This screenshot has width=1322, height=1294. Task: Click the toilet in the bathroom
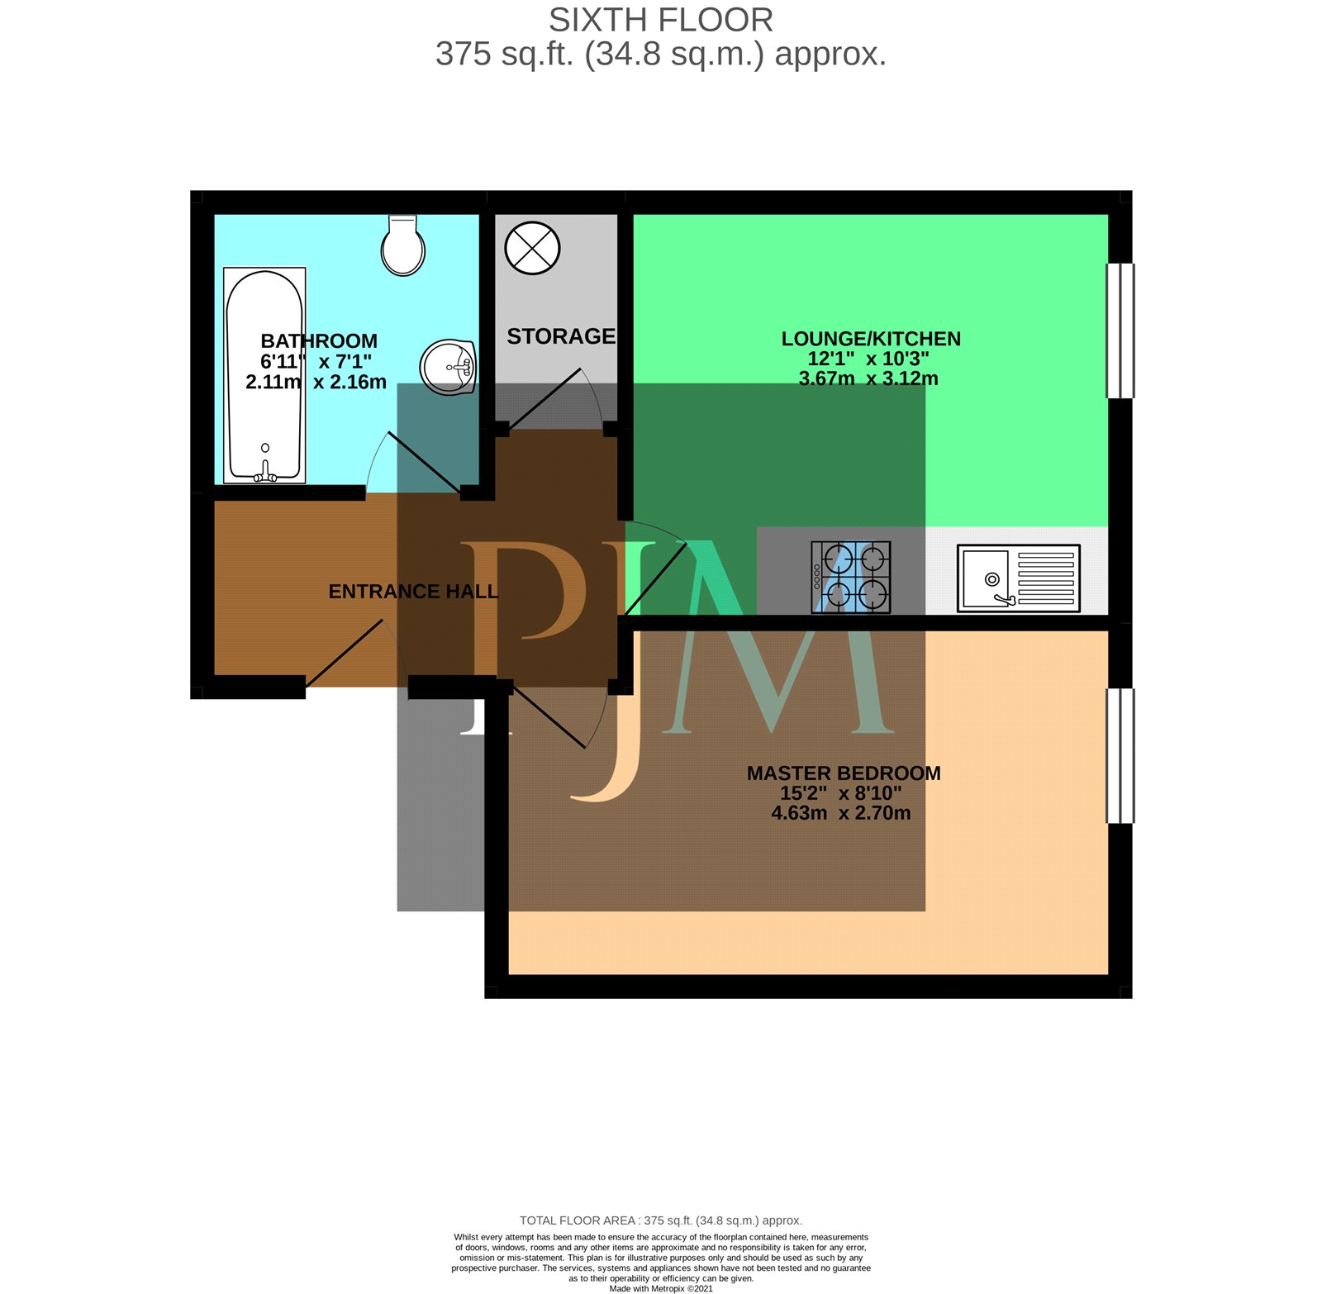pos(403,245)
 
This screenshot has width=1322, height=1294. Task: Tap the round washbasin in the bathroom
pos(448,368)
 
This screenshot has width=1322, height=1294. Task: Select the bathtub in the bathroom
pos(264,375)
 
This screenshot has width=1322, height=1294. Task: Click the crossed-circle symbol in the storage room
pos(532,248)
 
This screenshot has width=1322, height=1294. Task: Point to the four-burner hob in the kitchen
pos(851,577)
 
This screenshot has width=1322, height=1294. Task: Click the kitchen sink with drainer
pos(1019,578)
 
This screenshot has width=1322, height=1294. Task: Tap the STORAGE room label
pos(561,336)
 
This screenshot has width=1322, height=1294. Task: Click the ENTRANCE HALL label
pos(413,592)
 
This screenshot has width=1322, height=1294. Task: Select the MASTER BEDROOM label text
pos(844,773)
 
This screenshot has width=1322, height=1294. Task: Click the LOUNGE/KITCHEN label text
pos(871,339)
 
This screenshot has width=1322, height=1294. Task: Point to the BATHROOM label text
pos(319,341)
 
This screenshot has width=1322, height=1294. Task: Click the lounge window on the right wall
pos(1120,331)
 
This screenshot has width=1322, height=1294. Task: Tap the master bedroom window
pos(1120,756)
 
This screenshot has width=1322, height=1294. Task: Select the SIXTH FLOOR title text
pos(661,20)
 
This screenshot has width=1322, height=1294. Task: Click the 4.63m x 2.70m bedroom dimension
pos(841,813)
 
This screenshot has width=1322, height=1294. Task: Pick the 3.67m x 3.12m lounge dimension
pos(868,378)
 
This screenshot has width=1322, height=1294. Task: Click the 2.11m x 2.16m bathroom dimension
pos(316,382)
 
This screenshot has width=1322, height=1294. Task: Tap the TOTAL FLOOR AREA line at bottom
pos(661,1220)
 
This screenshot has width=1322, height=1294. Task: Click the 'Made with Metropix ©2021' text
pos(661,1288)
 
